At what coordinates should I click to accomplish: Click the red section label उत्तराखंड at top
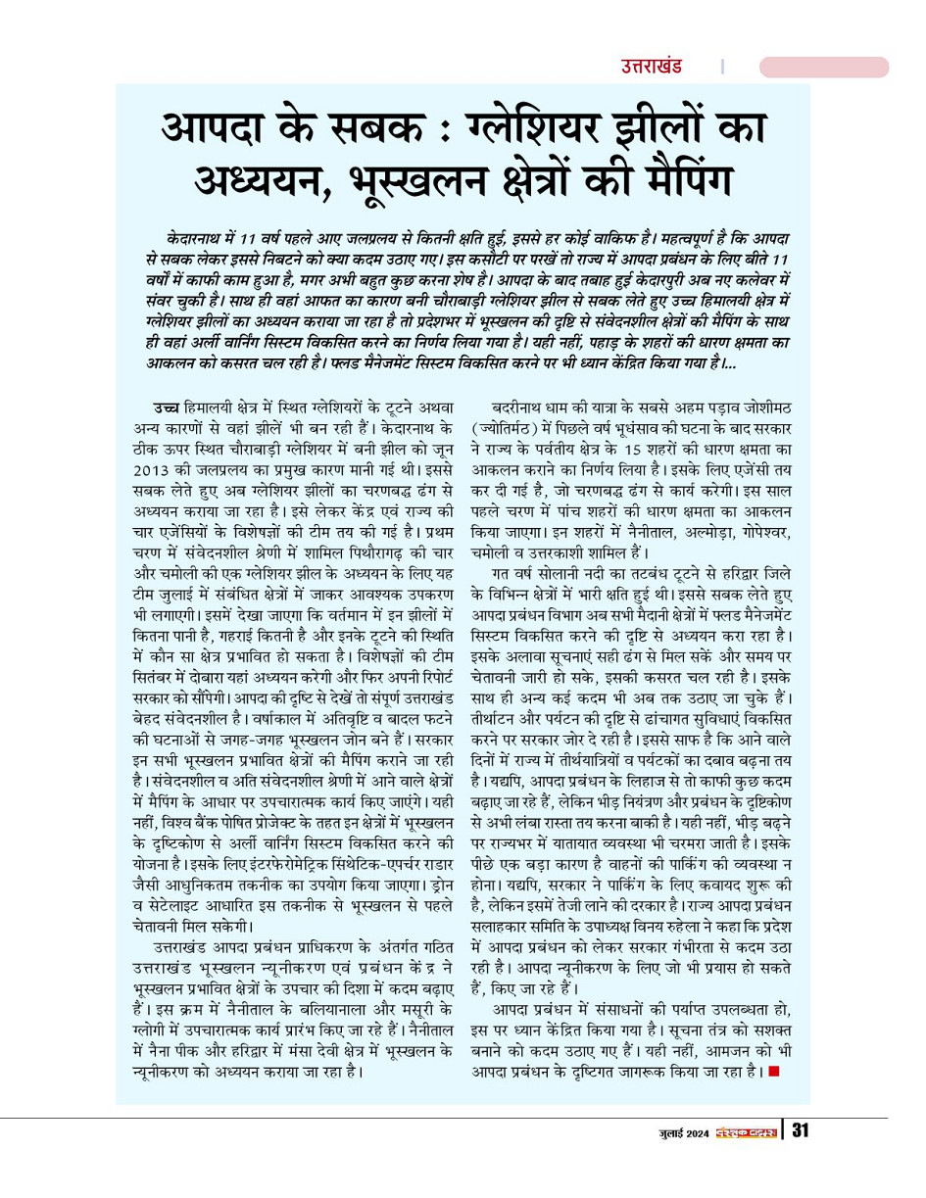651,67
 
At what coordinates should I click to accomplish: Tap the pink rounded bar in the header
823,67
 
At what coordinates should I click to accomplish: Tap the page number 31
800,1131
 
